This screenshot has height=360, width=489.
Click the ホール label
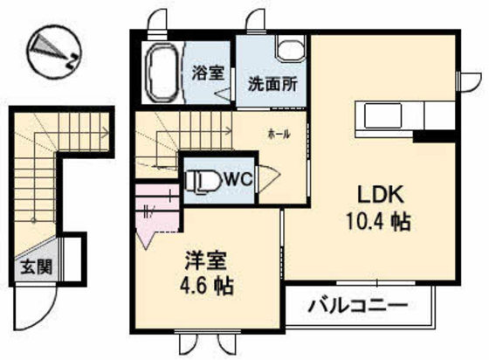279,135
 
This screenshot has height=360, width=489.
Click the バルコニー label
358,308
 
